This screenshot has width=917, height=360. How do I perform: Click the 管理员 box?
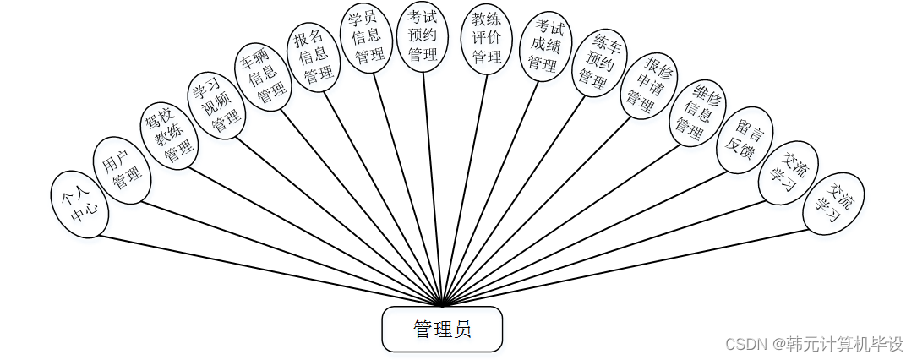tap(442, 329)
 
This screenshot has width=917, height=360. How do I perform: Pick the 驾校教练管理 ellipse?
tap(168, 134)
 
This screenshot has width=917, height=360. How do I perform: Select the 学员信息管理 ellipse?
tap(366, 38)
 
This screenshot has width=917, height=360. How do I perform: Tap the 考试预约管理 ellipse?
tap(423, 35)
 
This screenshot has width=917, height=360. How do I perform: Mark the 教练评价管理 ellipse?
tap(488, 39)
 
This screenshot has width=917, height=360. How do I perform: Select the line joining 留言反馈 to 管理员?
tap(592, 236)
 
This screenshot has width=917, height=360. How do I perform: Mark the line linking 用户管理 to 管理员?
tap(292, 253)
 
